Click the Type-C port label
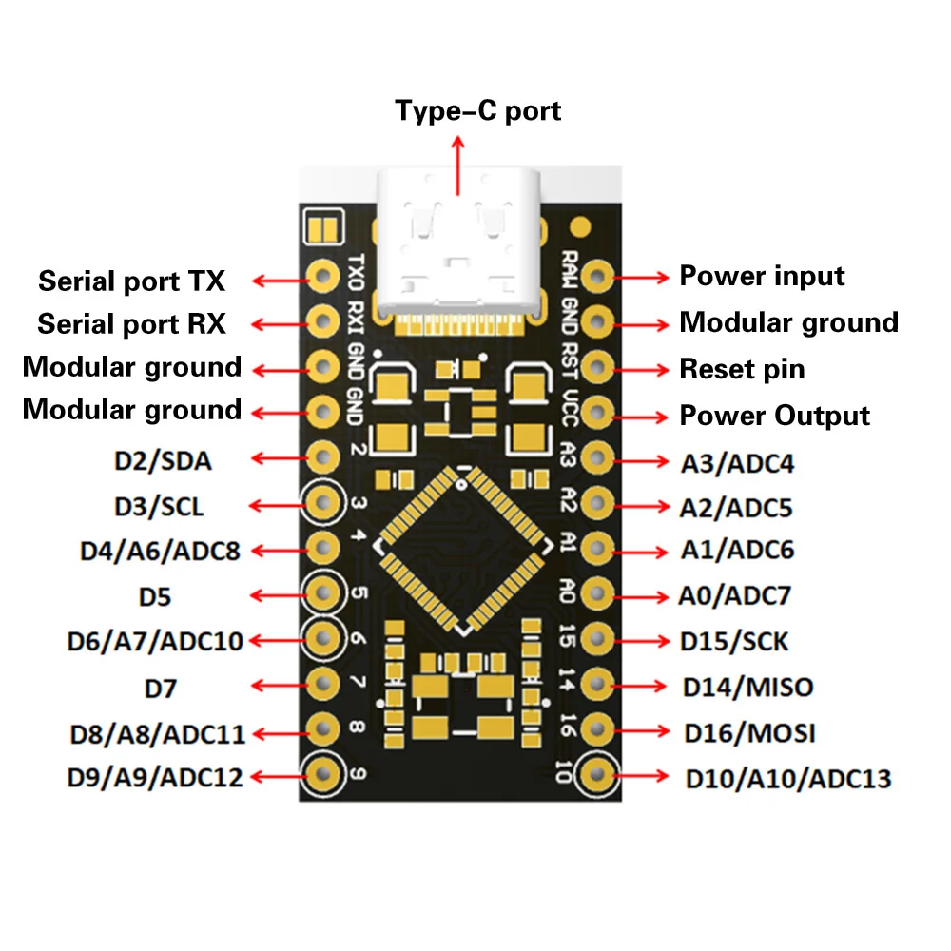(478, 111)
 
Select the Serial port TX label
(131, 281)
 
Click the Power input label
(762, 277)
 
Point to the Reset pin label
(742, 369)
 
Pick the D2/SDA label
(163, 462)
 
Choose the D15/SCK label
(734, 641)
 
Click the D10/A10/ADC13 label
(788, 780)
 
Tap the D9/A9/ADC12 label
(155, 777)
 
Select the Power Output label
(774, 416)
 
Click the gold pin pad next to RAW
(597, 277)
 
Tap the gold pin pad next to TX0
(323, 277)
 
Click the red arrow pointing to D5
(276, 595)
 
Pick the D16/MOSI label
(749, 733)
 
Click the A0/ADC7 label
(734, 596)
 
